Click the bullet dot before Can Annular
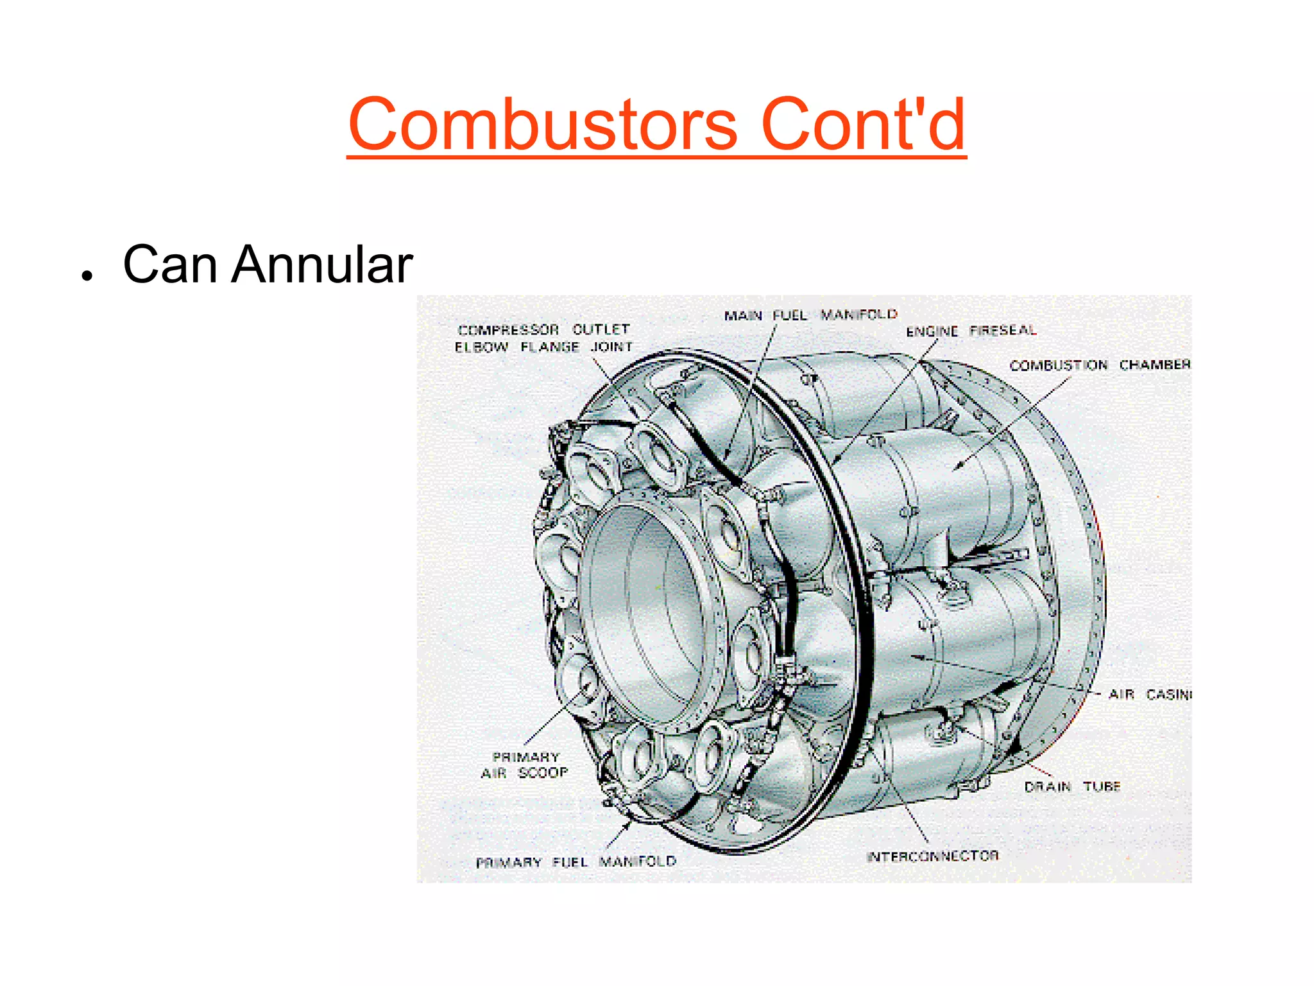(x=87, y=275)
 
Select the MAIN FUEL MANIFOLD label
(x=810, y=315)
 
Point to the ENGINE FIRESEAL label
(x=971, y=331)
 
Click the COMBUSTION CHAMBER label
(x=1099, y=365)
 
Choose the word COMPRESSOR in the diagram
(x=508, y=330)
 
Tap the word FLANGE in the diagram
(x=549, y=347)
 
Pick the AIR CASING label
(x=1148, y=695)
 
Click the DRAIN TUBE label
(x=1071, y=786)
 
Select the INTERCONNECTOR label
(x=932, y=856)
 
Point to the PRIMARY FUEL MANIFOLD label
(x=576, y=861)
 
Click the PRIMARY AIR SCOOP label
(x=525, y=765)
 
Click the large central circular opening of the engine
(x=642, y=610)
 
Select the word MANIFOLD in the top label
(x=858, y=314)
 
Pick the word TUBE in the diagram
(x=1102, y=786)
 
